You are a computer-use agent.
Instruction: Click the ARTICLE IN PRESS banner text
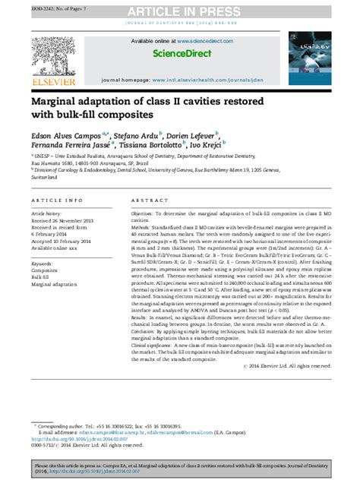180,10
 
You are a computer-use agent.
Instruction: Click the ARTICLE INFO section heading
57,200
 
